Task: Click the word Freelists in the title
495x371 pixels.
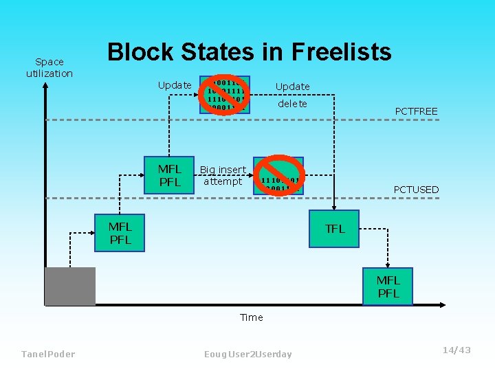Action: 342,52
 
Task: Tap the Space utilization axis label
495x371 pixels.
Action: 49,67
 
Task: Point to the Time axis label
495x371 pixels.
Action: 251,317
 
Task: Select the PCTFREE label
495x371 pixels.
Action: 416,111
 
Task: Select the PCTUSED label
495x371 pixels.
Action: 416,190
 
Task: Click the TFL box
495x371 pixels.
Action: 335,229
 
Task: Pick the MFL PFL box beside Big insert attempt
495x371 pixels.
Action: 169,175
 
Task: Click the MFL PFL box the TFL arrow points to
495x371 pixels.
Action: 388,286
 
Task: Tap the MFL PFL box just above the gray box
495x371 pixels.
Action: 120,233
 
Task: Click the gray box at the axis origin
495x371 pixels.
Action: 69,286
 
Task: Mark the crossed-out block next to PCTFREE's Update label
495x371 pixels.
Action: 225,94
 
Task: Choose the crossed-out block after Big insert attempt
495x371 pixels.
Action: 278,176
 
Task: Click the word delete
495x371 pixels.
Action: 292,104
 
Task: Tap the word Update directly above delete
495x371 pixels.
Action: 292,87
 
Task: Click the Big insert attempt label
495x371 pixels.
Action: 223,175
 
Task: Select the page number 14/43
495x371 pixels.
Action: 456,350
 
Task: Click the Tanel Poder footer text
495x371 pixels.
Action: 48,354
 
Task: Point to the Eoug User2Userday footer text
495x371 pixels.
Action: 247,354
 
